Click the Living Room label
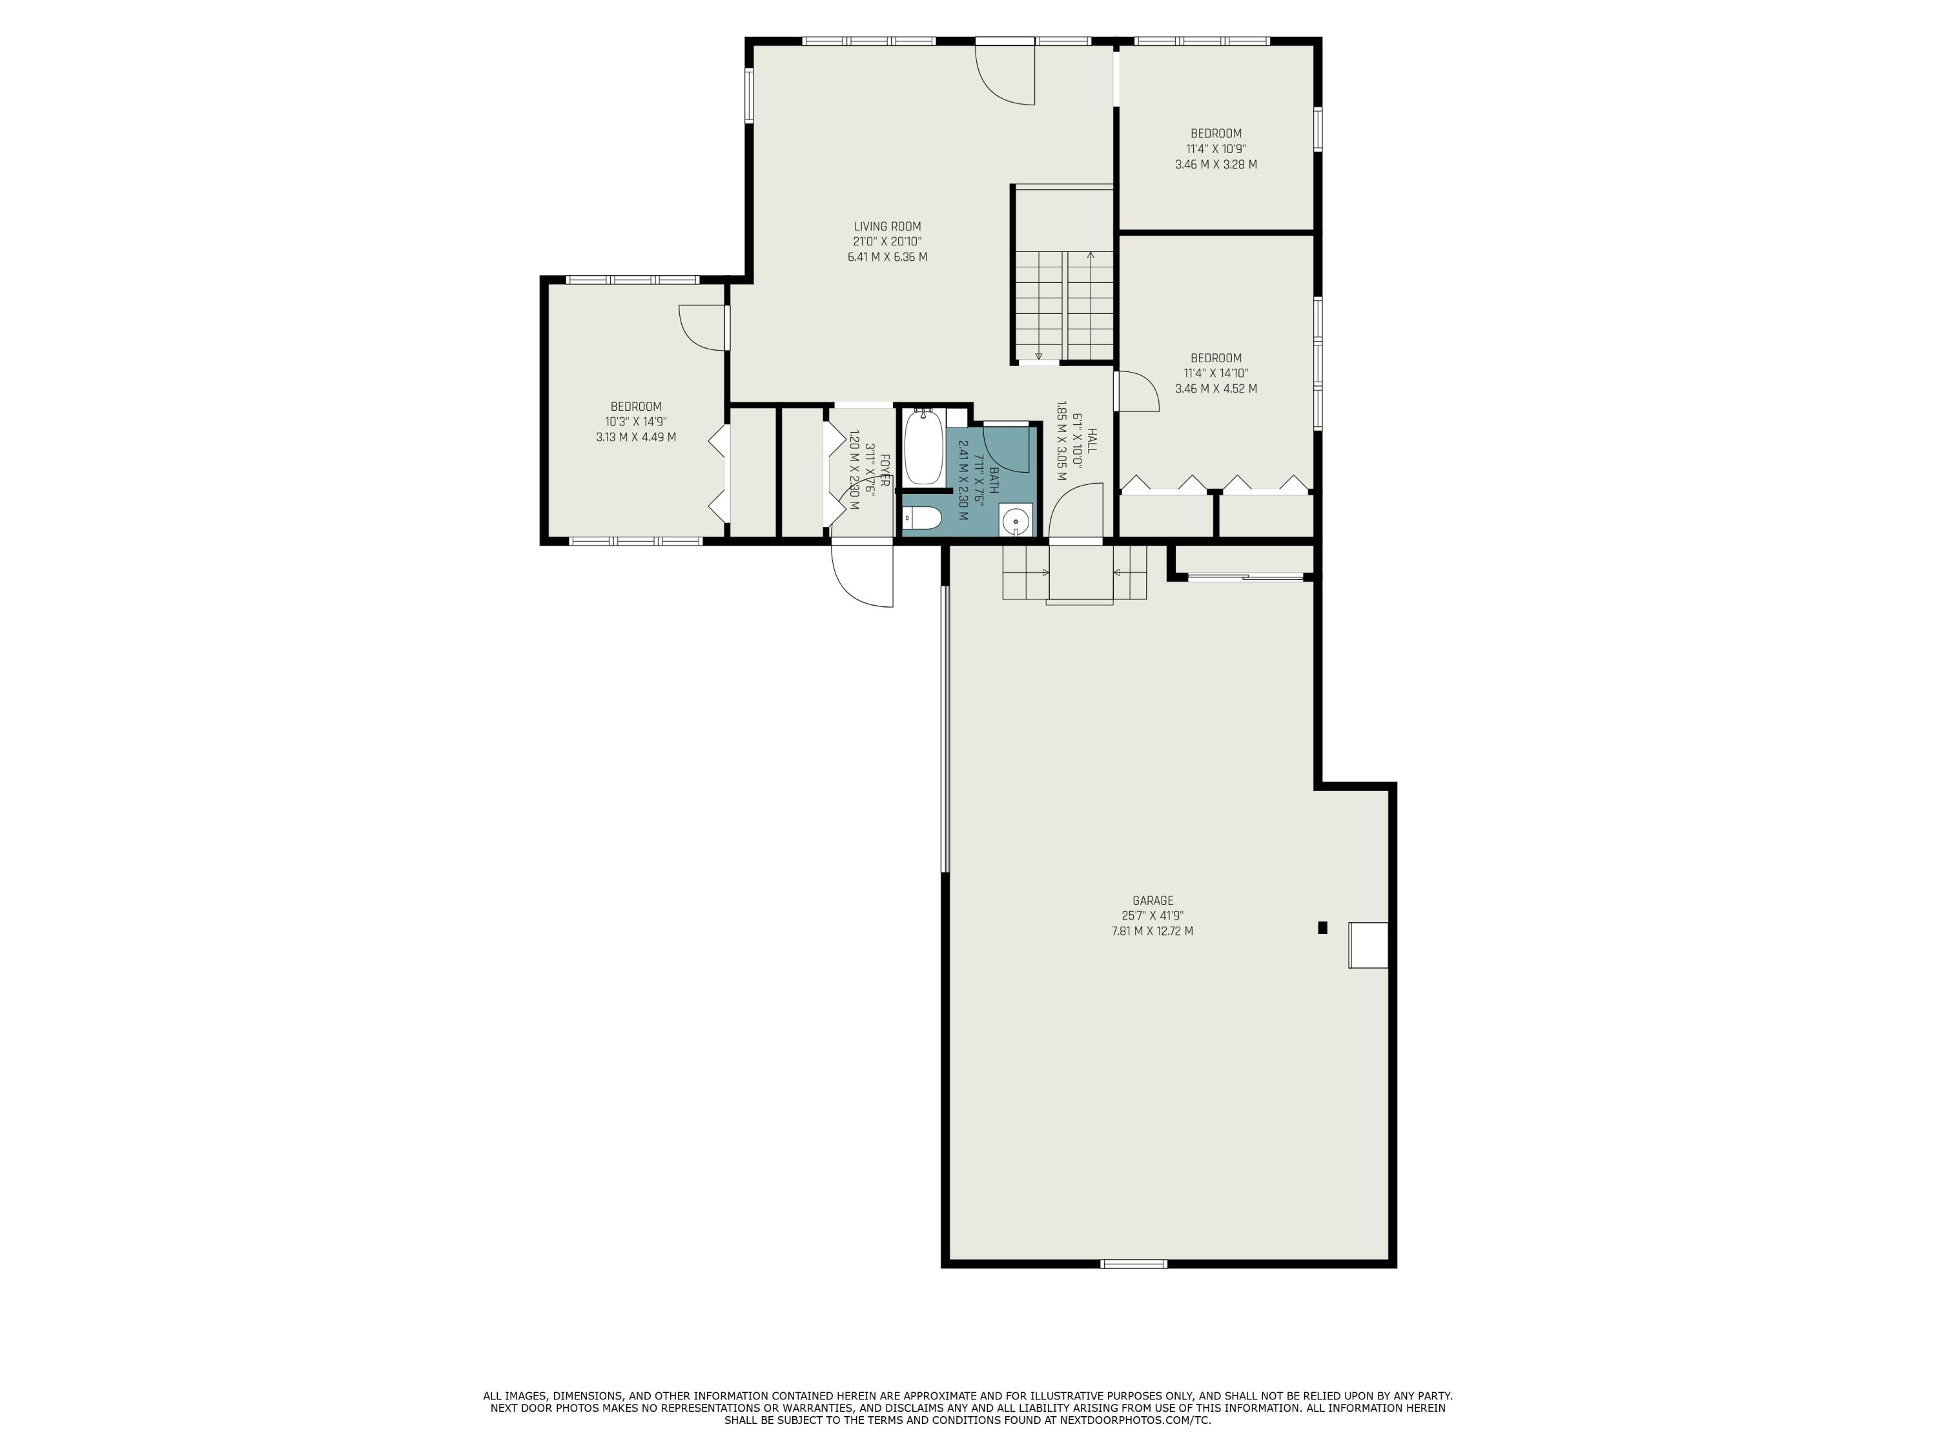click(x=887, y=227)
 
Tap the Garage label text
click(x=1153, y=900)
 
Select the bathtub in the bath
click(x=923, y=448)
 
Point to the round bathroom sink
click(x=1016, y=522)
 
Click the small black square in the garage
click(x=1322, y=927)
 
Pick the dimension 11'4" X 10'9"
click(x=1215, y=149)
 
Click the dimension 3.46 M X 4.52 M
click(x=1215, y=389)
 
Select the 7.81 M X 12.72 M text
click(x=1153, y=931)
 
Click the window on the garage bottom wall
click(x=1134, y=1264)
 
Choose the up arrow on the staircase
click(x=1091, y=256)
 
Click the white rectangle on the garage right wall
click(x=1368, y=945)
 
